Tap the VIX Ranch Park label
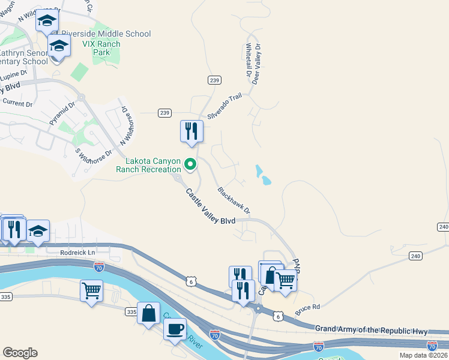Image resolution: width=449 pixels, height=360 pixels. [101, 49]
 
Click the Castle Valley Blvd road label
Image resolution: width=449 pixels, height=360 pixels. [210, 208]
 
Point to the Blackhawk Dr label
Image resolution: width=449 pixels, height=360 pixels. [233, 200]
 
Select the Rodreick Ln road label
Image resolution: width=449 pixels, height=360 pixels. [78, 253]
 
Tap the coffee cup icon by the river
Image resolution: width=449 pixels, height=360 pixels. [175, 329]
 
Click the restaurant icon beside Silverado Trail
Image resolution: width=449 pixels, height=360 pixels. [191, 131]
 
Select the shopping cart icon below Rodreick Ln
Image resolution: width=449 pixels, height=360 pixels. [91, 292]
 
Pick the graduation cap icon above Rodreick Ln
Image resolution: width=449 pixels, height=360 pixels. [38, 231]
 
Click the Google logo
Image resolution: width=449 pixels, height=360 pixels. [20, 353]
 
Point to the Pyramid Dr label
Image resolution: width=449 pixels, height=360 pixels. [62, 113]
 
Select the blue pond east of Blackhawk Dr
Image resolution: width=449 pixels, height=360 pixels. [262, 175]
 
